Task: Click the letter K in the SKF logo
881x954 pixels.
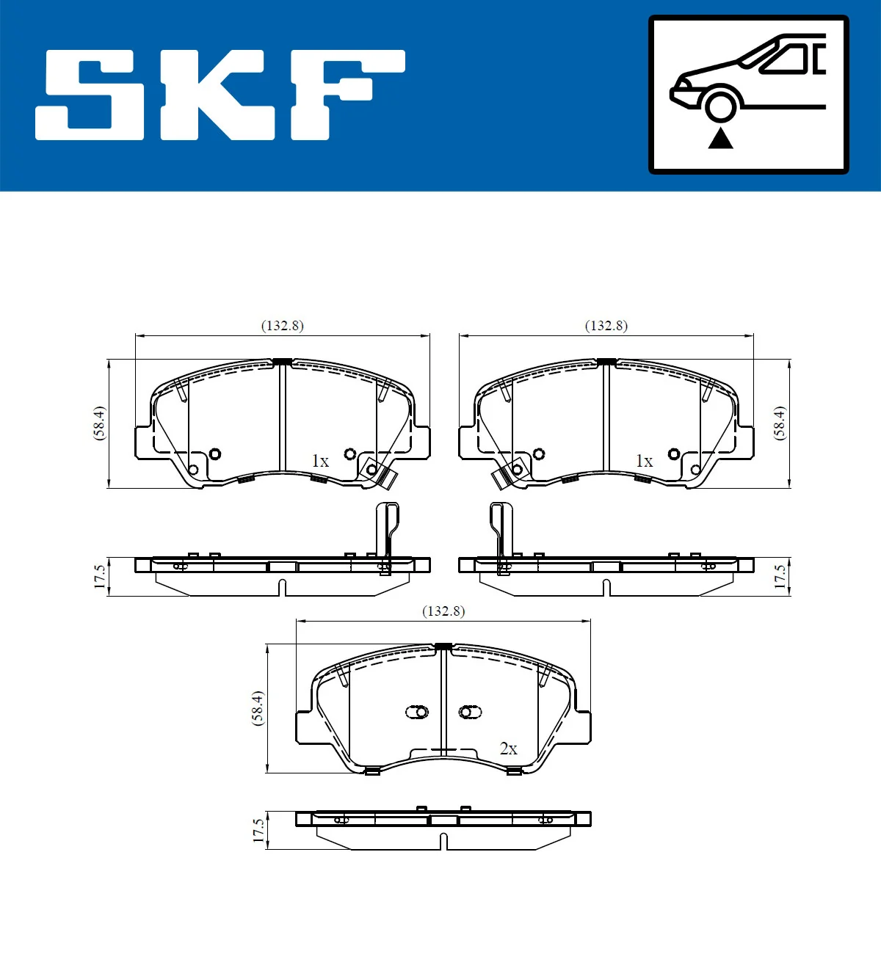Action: coord(217,95)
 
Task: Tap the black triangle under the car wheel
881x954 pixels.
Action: coord(720,138)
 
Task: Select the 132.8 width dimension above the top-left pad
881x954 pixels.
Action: coord(283,326)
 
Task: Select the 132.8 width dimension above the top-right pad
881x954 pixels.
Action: coord(606,326)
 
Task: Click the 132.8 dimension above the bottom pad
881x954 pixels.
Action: coord(443,611)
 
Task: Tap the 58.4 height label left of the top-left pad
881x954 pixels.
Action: coord(99,423)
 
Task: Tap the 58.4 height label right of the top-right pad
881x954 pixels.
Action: coord(780,423)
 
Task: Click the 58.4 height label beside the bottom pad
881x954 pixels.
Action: coord(258,708)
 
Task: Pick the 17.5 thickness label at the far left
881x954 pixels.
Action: coord(100,576)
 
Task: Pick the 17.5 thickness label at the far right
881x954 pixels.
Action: coord(780,576)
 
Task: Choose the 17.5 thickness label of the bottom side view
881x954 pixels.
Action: coord(258,831)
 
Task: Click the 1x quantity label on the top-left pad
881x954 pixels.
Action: coord(320,461)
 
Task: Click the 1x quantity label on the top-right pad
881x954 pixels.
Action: coord(644,461)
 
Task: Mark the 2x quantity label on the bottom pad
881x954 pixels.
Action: coord(508,749)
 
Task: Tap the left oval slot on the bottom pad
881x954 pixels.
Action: coord(417,712)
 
